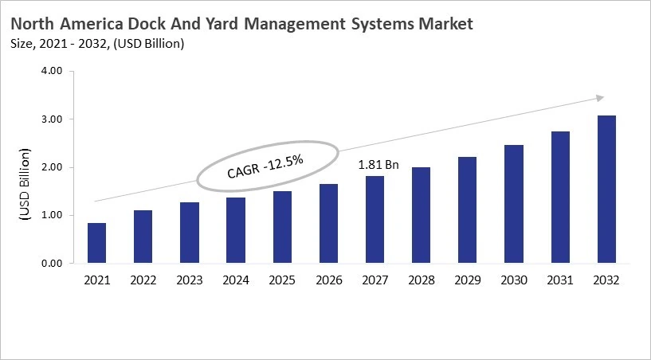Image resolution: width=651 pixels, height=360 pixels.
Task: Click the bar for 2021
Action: click(96, 243)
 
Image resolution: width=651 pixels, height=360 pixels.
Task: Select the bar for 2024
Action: click(236, 230)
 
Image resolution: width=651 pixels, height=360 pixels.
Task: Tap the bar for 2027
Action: click(375, 220)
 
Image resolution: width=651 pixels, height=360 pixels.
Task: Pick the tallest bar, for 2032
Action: click(606, 190)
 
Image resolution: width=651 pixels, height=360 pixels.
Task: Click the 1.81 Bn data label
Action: click(378, 166)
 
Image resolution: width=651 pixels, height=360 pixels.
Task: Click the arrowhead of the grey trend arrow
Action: click(600, 99)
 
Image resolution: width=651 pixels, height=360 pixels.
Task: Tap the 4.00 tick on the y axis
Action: click(51, 72)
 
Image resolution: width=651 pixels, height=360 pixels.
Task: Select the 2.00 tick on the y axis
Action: click(51, 167)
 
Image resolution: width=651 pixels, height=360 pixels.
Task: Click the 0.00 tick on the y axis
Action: click(51, 264)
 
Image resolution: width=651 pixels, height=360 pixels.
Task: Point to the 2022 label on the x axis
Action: click(143, 280)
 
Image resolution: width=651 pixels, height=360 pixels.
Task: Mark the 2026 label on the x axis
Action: click(328, 280)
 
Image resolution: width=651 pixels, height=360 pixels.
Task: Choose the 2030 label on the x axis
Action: click(514, 280)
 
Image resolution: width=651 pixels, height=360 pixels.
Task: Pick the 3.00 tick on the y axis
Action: click(51, 119)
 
